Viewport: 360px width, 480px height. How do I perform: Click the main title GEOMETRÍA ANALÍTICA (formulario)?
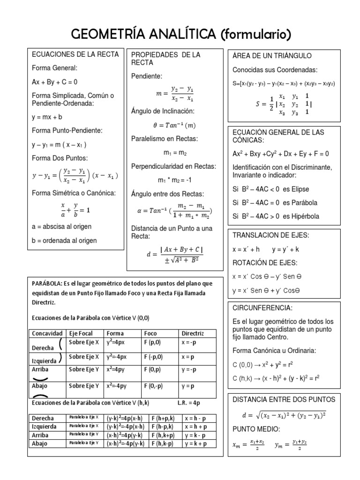point(180,34)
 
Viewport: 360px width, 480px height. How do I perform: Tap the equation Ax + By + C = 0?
point(54,82)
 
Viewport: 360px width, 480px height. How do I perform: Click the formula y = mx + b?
point(47,117)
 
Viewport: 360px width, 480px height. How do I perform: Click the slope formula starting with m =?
point(174,94)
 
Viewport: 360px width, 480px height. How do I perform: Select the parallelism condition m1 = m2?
point(174,153)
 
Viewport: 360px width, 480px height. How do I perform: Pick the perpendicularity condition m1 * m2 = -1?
point(174,180)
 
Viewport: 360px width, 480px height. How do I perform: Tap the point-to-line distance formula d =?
point(174,254)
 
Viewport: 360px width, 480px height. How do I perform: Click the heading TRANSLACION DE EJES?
point(271,235)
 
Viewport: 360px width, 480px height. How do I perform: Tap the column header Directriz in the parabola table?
point(192,333)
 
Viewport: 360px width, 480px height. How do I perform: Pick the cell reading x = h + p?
point(195,427)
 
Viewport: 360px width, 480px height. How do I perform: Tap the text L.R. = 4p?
point(189,403)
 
